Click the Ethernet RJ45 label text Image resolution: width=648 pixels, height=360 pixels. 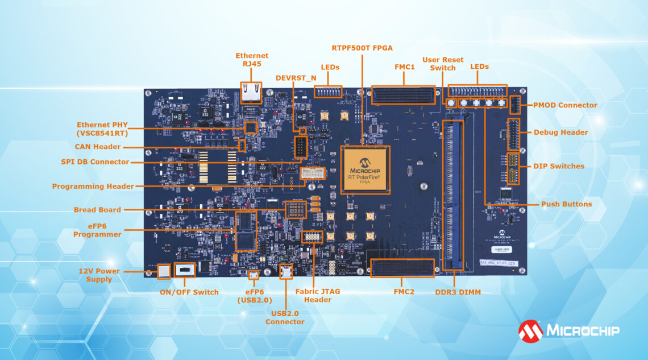tap(252, 60)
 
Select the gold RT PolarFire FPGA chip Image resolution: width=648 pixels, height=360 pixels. tap(364, 169)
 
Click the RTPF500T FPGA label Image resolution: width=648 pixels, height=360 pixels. tap(362, 48)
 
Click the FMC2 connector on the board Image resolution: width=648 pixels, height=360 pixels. tap(402, 267)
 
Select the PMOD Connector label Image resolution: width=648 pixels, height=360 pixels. tap(565, 105)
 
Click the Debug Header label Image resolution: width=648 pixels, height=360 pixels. tap(560, 133)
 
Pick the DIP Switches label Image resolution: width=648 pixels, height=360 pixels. tap(559, 166)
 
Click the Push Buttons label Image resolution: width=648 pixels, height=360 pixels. tap(566, 204)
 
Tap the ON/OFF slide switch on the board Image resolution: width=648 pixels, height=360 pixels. tap(184, 270)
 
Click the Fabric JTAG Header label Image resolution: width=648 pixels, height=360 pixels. tap(318, 296)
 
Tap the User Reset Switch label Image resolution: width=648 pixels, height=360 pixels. tap(442, 64)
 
